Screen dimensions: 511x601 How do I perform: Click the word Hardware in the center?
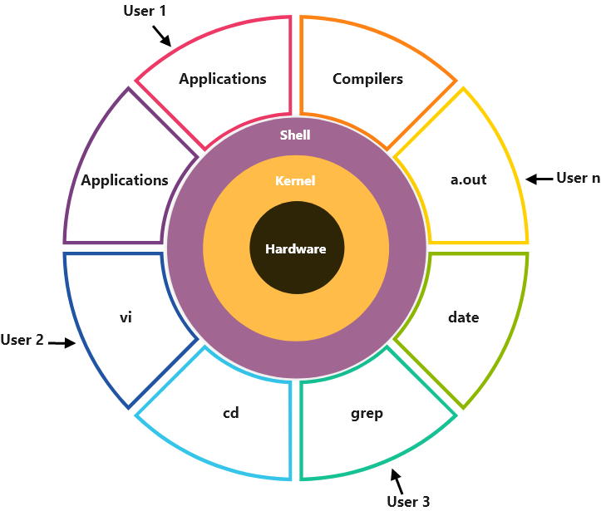pos(295,248)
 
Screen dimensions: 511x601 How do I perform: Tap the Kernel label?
pos(295,180)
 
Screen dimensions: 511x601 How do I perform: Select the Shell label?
pos(295,135)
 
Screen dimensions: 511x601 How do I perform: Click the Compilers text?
pos(367,79)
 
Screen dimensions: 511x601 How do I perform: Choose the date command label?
pos(463,317)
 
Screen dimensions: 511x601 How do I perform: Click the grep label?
pos(367,413)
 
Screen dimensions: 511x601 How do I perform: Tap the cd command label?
pos(231,413)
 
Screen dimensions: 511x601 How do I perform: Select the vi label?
pos(126,317)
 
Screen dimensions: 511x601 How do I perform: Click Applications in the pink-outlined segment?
pos(223,79)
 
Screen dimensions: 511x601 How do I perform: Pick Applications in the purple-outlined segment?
pos(125,179)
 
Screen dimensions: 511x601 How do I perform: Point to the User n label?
pos(577,178)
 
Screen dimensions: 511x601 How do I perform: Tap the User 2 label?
pos(22,340)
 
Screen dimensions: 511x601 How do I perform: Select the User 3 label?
pos(408,501)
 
